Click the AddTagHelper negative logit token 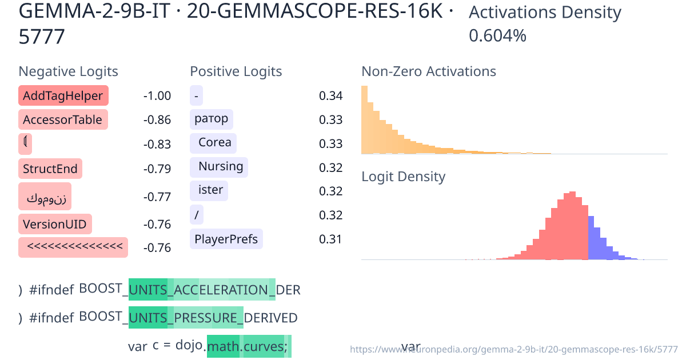[x=63, y=95]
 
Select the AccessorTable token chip [x=63, y=119]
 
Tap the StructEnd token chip [x=50, y=169]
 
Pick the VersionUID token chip [x=55, y=223]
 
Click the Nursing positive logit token [x=220, y=166]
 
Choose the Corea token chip [x=214, y=142]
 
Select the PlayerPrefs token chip [x=226, y=238]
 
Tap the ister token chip [x=210, y=190]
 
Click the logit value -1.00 [x=157, y=95]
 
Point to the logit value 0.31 [x=330, y=238]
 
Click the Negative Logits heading [x=69, y=71]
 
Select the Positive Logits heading [x=236, y=71]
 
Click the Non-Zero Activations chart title [x=429, y=71]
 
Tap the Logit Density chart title [x=403, y=177]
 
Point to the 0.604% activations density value [x=497, y=35]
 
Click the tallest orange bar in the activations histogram [x=364, y=120]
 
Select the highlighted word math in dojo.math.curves [x=223, y=346]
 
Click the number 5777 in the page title [x=42, y=37]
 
